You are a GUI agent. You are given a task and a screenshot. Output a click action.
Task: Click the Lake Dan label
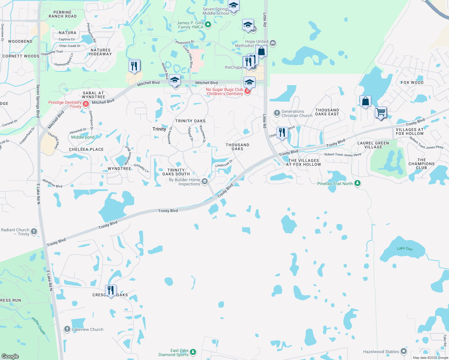(x=405, y=248)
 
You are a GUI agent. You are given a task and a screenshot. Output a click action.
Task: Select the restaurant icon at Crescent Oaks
(x=111, y=291)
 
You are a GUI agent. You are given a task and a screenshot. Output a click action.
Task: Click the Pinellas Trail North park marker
(x=357, y=183)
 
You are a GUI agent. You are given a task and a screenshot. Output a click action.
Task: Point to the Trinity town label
(x=159, y=129)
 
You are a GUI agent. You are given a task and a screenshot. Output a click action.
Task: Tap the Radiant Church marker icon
(x=34, y=231)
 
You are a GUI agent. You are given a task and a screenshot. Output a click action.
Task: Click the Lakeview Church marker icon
(x=67, y=329)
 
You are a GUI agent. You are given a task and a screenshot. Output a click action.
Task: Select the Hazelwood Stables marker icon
(x=404, y=351)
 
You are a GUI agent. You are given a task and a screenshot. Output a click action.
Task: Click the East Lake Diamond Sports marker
(x=193, y=352)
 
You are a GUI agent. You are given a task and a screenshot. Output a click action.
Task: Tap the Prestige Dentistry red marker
(x=86, y=104)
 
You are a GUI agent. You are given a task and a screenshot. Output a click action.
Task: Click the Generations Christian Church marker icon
(x=277, y=113)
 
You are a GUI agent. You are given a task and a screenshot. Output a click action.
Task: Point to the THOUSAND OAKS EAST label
(x=327, y=112)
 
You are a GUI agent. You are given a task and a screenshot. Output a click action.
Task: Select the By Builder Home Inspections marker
(x=205, y=181)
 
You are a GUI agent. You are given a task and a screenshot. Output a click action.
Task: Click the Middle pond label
(x=83, y=137)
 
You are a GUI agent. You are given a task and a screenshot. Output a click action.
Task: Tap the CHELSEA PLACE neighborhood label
(x=86, y=149)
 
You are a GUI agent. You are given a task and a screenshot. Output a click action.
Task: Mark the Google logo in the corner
(x=10, y=356)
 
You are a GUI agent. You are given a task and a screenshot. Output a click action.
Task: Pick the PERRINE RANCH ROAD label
(x=62, y=14)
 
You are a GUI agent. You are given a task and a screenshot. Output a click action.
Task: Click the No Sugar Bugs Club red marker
(x=248, y=91)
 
